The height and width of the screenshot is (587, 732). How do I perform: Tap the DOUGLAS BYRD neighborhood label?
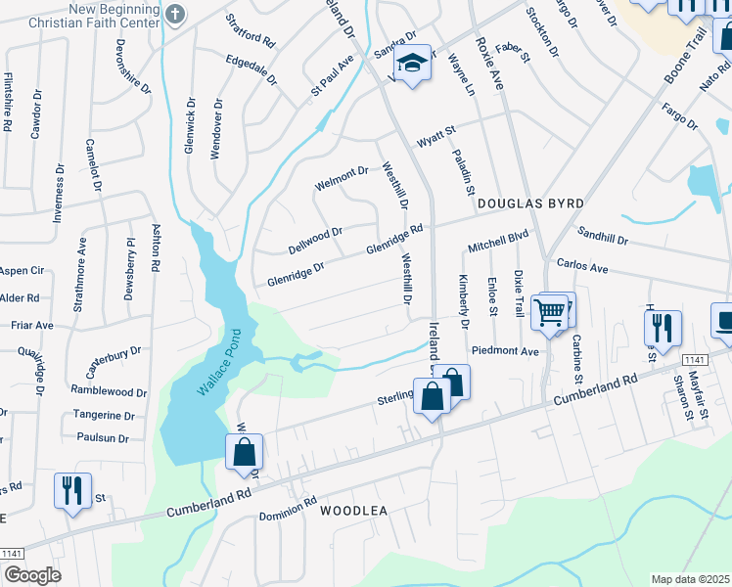[x=530, y=203]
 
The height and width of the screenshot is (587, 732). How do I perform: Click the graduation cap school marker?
[x=413, y=64]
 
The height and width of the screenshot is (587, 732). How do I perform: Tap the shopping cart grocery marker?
[x=549, y=313]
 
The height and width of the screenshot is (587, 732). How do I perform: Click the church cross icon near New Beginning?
[x=174, y=14]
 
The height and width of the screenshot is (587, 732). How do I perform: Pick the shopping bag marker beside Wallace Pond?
[x=244, y=453]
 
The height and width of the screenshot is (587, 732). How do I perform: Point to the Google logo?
[x=32, y=574]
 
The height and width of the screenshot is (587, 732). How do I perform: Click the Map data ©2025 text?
[x=690, y=579]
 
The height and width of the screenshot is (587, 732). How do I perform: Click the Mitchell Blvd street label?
[x=497, y=241]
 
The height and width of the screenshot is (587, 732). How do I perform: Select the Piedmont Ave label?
[x=505, y=351]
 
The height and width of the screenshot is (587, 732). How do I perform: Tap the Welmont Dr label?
[x=341, y=178]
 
